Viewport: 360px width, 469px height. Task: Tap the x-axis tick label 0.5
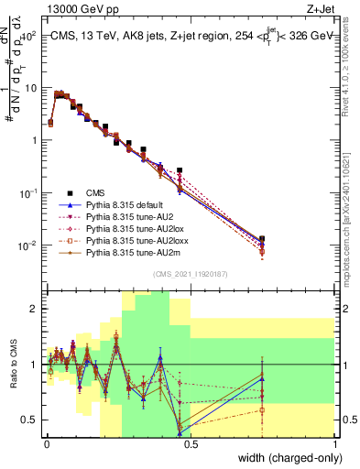pos(191,443)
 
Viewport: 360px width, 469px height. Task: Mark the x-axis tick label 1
pos(334,443)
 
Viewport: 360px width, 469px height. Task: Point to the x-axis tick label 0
pos(47,443)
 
